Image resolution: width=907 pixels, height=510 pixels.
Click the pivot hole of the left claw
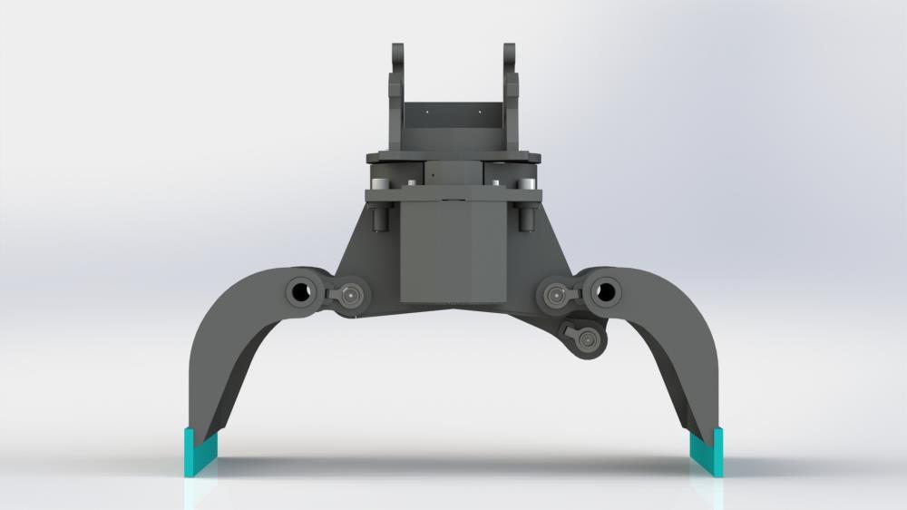pos(298,291)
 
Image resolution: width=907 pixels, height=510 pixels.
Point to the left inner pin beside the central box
pos(351,294)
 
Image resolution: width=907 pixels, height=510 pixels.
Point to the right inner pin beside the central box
pos(552,293)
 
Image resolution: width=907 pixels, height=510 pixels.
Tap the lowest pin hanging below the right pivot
pos(590,339)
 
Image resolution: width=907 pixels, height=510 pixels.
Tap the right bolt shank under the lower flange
pos(526,217)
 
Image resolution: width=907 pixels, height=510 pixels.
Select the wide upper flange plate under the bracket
pos(453,157)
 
